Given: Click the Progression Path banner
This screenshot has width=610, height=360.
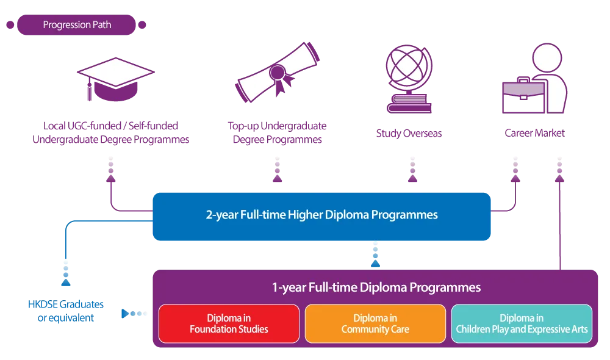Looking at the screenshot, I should pos(77,25).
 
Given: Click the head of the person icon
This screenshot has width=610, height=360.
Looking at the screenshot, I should pos(551,59).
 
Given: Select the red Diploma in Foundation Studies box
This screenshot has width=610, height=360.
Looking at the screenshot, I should pos(229,323).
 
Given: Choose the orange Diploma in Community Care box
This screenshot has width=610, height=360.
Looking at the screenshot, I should pos(375,323).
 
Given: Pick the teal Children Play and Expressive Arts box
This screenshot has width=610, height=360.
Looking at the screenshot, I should pos(522,323).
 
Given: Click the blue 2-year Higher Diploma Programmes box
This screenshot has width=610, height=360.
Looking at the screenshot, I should pos(321,215).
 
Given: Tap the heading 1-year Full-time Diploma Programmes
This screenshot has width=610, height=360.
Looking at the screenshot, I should pos(376,287).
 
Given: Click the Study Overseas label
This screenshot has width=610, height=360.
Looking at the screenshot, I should pos(409,133).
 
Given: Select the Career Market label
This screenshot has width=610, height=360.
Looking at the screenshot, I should pos(534,132).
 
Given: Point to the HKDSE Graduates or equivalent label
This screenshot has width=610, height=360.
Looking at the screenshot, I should pos(66,310).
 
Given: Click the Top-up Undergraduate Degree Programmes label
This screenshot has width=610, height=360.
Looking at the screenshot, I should pos(278,132).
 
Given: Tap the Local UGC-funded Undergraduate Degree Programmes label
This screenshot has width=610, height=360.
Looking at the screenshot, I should pos(110,133).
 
